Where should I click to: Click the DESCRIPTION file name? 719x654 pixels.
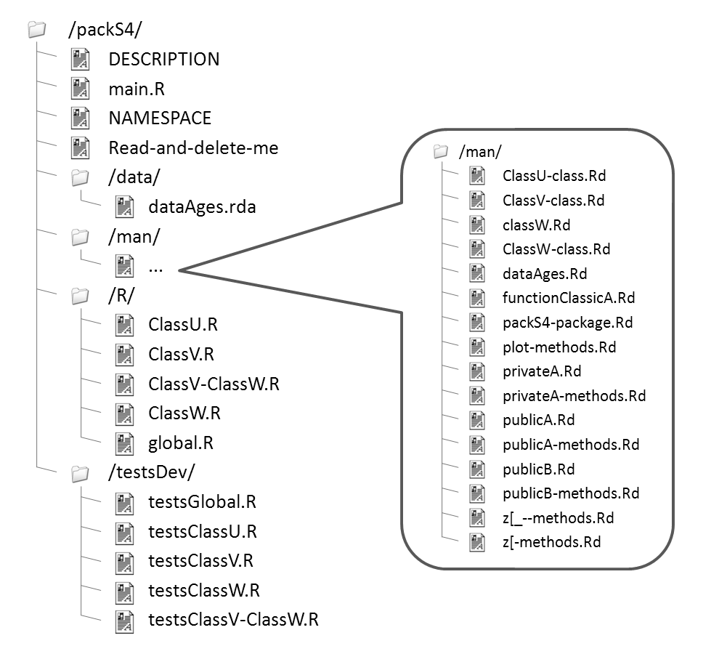click(163, 59)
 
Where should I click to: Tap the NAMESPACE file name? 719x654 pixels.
click(160, 118)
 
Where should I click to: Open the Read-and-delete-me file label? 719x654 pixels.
click(193, 148)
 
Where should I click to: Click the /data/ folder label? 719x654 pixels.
click(134, 177)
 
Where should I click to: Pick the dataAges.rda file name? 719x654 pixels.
click(202, 207)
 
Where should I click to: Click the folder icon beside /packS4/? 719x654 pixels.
click(36, 30)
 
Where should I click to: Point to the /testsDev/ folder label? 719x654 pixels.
click(151, 472)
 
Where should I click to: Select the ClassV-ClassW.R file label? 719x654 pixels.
click(214, 384)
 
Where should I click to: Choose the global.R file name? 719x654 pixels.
click(181, 443)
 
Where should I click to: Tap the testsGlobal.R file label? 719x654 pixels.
click(202, 502)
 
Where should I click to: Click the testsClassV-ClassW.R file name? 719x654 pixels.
click(233, 620)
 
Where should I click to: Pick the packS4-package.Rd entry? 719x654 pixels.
click(567, 322)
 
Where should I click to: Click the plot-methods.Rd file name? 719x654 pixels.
click(559, 347)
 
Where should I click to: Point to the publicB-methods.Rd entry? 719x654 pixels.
click(571, 493)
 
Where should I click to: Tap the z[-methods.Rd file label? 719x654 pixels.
click(551, 541)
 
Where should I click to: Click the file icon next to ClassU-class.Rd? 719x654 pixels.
click(476, 175)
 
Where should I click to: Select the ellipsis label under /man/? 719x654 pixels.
click(155, 267)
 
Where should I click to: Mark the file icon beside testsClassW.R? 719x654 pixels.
click(125, 590)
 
